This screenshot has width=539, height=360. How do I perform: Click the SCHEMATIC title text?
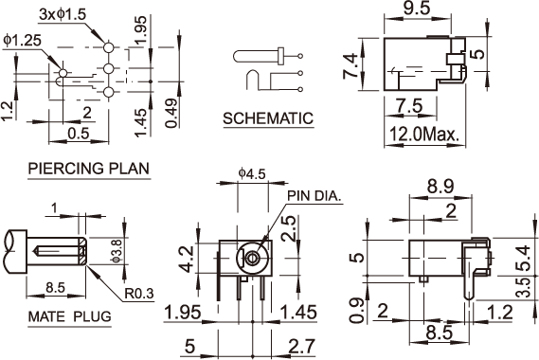click(268, 118)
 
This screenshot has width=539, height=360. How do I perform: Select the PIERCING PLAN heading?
click(89, 169)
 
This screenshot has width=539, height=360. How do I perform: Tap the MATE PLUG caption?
click(70, 316)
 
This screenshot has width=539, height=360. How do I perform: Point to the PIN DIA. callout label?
click(314, 196)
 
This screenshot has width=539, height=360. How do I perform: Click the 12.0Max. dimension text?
click(424, 135)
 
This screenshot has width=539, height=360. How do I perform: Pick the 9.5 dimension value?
click(417, 9)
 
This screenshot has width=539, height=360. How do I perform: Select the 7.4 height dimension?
click(351, 66)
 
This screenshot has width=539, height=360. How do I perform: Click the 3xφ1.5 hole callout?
click(63, 14)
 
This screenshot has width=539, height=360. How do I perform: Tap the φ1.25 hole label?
click(23, 40)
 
